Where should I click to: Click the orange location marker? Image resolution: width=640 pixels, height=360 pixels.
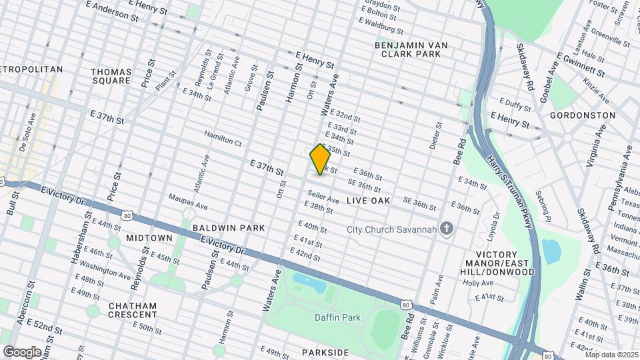pos(320,159)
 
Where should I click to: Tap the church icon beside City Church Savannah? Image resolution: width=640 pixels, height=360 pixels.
pos(447,230)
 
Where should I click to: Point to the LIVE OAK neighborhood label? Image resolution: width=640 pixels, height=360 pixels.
pos(387,201)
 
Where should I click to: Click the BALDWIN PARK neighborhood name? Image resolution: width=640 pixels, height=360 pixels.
pos(229,228)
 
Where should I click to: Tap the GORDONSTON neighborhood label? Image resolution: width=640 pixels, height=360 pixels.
pos(582,115)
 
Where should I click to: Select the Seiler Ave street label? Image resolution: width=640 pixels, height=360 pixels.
pos(323,197)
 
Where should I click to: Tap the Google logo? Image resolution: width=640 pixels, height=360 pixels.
pos(22,351)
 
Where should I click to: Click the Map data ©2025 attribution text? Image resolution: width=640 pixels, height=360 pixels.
pos(612,355)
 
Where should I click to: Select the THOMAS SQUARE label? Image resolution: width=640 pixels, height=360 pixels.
pos(111,76)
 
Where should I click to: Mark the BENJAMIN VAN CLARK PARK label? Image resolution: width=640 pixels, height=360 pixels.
pos(411,49)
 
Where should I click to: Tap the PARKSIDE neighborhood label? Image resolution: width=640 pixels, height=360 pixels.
pos(325,352)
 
